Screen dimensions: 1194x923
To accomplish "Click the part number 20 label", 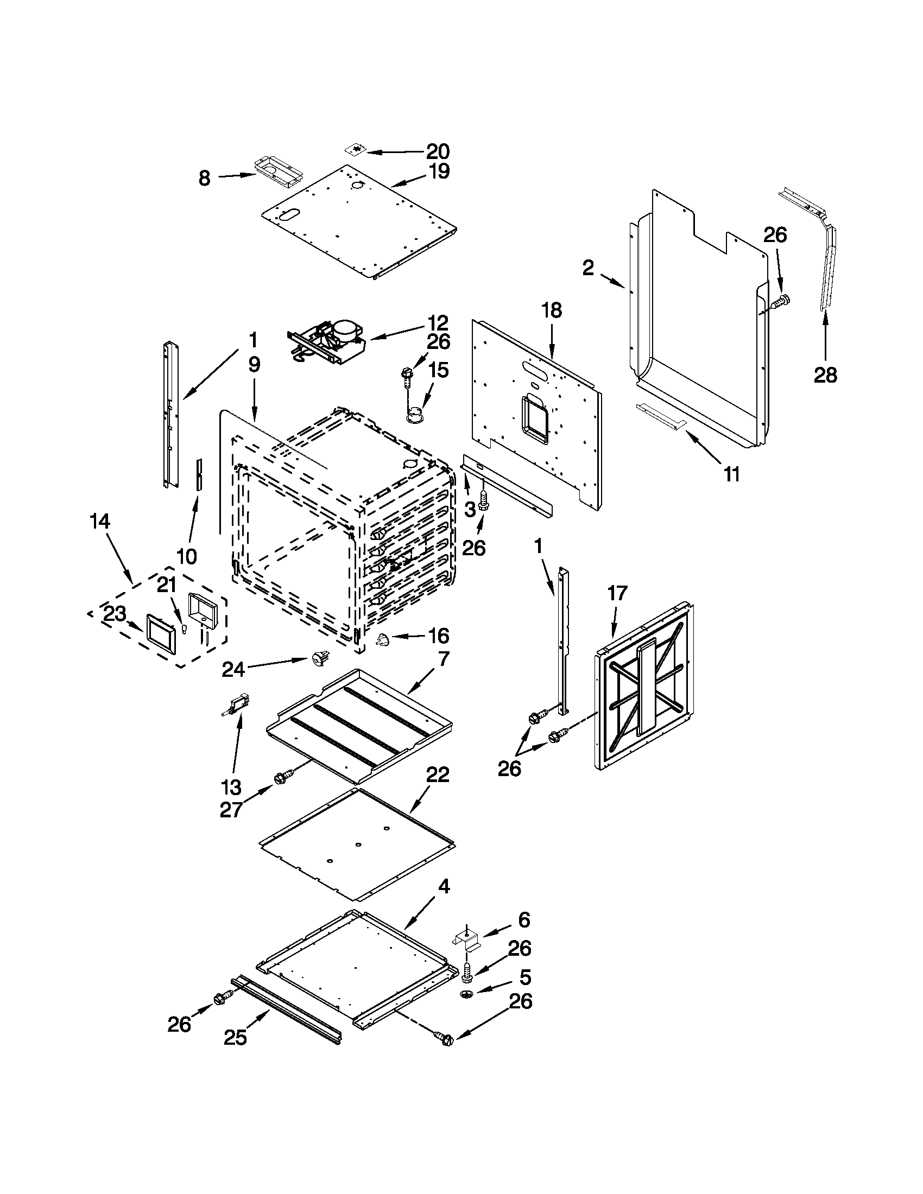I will (x=438, y=151).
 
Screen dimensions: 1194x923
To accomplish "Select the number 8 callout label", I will (x=204, y=177).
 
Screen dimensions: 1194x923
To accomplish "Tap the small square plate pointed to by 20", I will (x=357, y=149).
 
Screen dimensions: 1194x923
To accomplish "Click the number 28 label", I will (x=825, y=375).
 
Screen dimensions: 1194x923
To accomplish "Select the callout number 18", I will (x=551, y=310).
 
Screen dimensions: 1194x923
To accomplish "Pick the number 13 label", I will (x=231, y=788).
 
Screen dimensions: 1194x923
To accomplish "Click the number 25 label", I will (x=235, y=1037).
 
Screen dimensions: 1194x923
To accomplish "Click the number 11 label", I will (x=732, y=474).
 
